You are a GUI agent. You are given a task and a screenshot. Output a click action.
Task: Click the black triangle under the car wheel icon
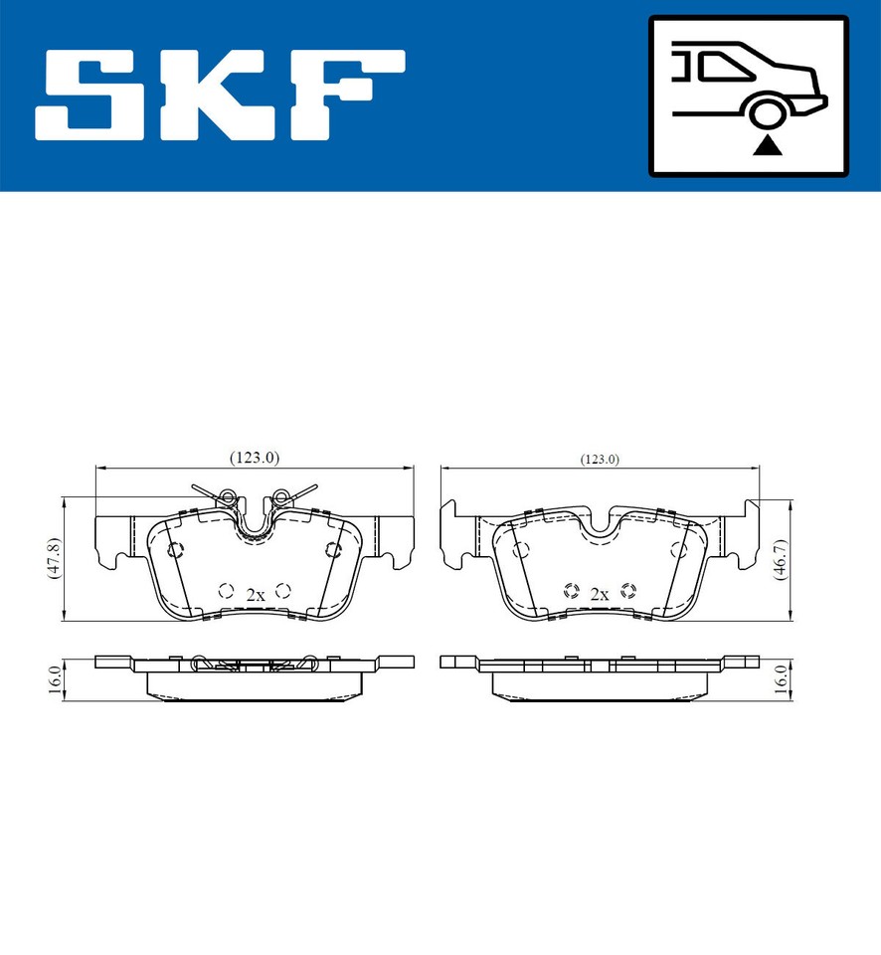tap(767, 147)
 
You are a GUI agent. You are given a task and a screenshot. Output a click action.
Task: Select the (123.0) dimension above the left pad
tap(255, 458)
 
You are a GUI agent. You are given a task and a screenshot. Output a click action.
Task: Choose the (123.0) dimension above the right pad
tap(600, 459)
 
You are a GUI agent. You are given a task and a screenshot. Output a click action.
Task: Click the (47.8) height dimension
tap(56, 558)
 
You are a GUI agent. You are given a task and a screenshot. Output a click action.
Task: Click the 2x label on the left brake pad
tap(255, 594)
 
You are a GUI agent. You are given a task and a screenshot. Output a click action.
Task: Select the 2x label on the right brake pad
tap(599, 594)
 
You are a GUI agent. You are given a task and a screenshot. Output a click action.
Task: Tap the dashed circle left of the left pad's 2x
tap(226, 590)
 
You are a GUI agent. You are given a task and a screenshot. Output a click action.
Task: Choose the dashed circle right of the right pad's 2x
tap(627, 590)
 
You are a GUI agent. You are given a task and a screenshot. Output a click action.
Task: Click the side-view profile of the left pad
tap(255, 675)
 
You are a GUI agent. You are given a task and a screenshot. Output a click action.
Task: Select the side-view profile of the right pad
tap(600, 675)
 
